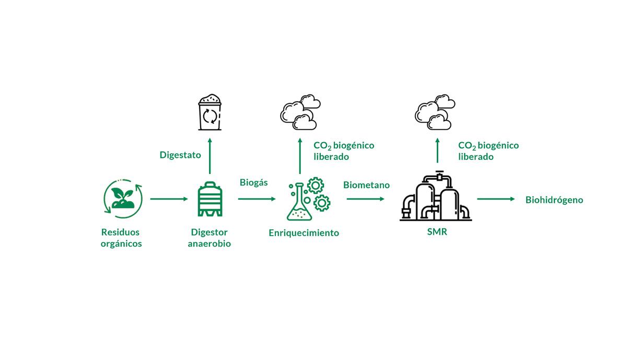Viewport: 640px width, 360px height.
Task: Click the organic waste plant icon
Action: pos(123,199)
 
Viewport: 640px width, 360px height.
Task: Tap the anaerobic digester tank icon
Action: pos(210,199)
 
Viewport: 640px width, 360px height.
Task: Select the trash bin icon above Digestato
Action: pos(210,112)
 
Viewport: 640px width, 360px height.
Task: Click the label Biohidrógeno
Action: pos(554,200)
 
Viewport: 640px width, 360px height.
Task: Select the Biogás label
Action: pos(253,182)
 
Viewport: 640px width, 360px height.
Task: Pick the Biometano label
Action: pos(366,185)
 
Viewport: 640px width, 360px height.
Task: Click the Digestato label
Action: pos(180,155)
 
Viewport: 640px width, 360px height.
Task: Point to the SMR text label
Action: pos(437,232)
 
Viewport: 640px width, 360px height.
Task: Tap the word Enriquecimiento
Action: pos(304,233)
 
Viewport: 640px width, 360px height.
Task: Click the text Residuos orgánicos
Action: pos(121,238)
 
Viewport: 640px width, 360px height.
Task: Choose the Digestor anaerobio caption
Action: pos(209,238)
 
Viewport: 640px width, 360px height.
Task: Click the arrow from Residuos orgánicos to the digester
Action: pos(169,199)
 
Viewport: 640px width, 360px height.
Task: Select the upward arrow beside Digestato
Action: pos(210,156)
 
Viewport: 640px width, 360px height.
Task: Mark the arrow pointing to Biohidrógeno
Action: pos(496,199)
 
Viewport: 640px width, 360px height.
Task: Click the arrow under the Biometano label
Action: pos(365,199)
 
